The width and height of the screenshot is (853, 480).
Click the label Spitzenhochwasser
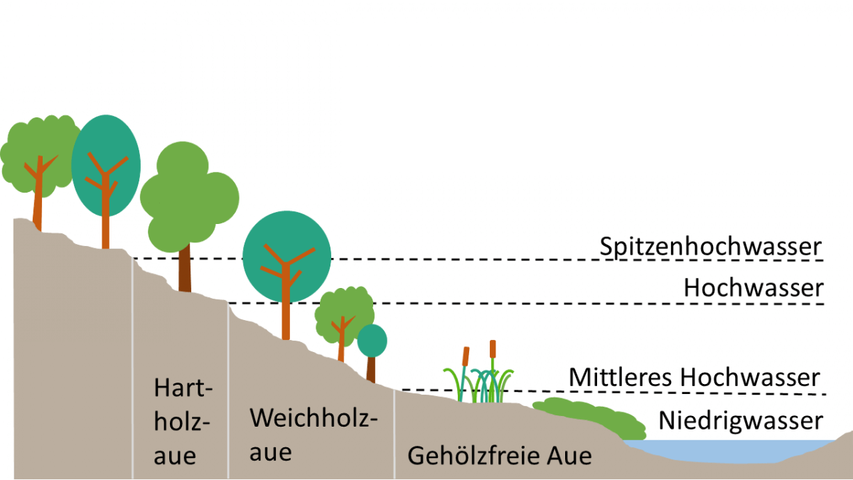point(710,247)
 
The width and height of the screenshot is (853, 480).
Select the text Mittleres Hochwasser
point(694,378)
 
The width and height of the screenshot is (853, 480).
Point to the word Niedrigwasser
point(740,420)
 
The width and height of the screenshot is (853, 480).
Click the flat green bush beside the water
point(590,417)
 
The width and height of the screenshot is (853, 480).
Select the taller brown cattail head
point(493,348)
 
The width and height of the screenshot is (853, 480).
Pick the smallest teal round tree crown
point(372,341)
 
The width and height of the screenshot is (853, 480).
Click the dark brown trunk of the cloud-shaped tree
point(185,270)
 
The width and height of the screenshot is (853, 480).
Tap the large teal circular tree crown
point(286,256)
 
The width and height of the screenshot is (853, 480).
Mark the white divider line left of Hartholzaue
point(132,370)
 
